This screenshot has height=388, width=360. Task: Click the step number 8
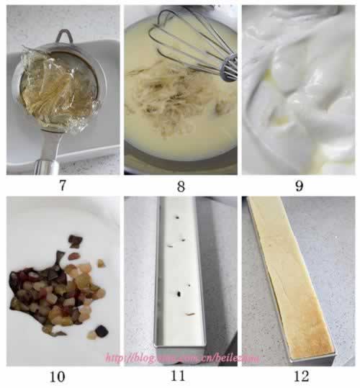tap(181, 185)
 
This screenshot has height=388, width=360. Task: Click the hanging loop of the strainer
tap(64, 36)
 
